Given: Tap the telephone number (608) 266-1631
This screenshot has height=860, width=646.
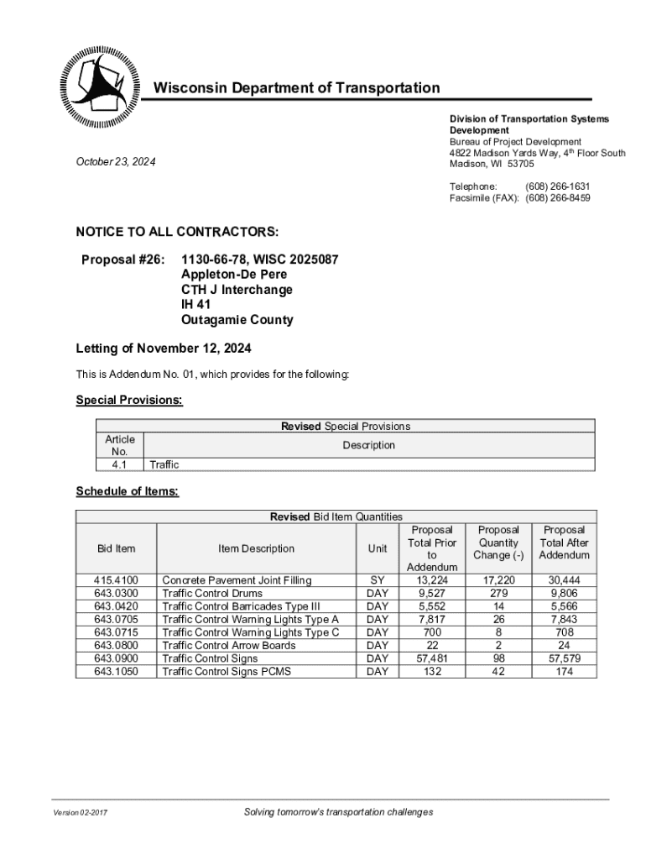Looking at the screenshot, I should point(557,186).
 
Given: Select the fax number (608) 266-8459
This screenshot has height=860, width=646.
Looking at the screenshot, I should point(557,198).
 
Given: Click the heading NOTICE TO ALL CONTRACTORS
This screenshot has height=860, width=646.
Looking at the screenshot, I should point(177,232).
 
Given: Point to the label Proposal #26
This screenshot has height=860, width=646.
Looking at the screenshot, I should point(122,260).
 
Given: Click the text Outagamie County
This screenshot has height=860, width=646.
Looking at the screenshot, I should point(237,320).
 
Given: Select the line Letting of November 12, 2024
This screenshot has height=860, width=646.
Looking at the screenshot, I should point(164,349).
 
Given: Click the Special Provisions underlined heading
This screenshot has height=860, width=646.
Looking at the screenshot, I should point(129,401).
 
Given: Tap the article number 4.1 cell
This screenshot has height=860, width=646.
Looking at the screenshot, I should point(120,464).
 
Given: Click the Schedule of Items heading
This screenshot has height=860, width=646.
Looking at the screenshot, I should point(128,491).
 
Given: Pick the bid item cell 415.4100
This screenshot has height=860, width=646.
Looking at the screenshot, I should point(116,580).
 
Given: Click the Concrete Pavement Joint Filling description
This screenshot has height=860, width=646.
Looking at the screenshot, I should point(236,580).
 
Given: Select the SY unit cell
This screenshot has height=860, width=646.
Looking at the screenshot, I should point(378,580).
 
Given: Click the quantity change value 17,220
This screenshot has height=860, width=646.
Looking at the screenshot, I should point(499,580).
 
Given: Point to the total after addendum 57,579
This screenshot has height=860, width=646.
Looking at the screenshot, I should point(565,658).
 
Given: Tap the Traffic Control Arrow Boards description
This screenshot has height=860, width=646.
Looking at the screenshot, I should point(228,646).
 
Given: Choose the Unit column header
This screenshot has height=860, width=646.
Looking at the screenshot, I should point(378,548).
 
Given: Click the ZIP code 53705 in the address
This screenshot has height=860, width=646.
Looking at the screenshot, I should point(520,164).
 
